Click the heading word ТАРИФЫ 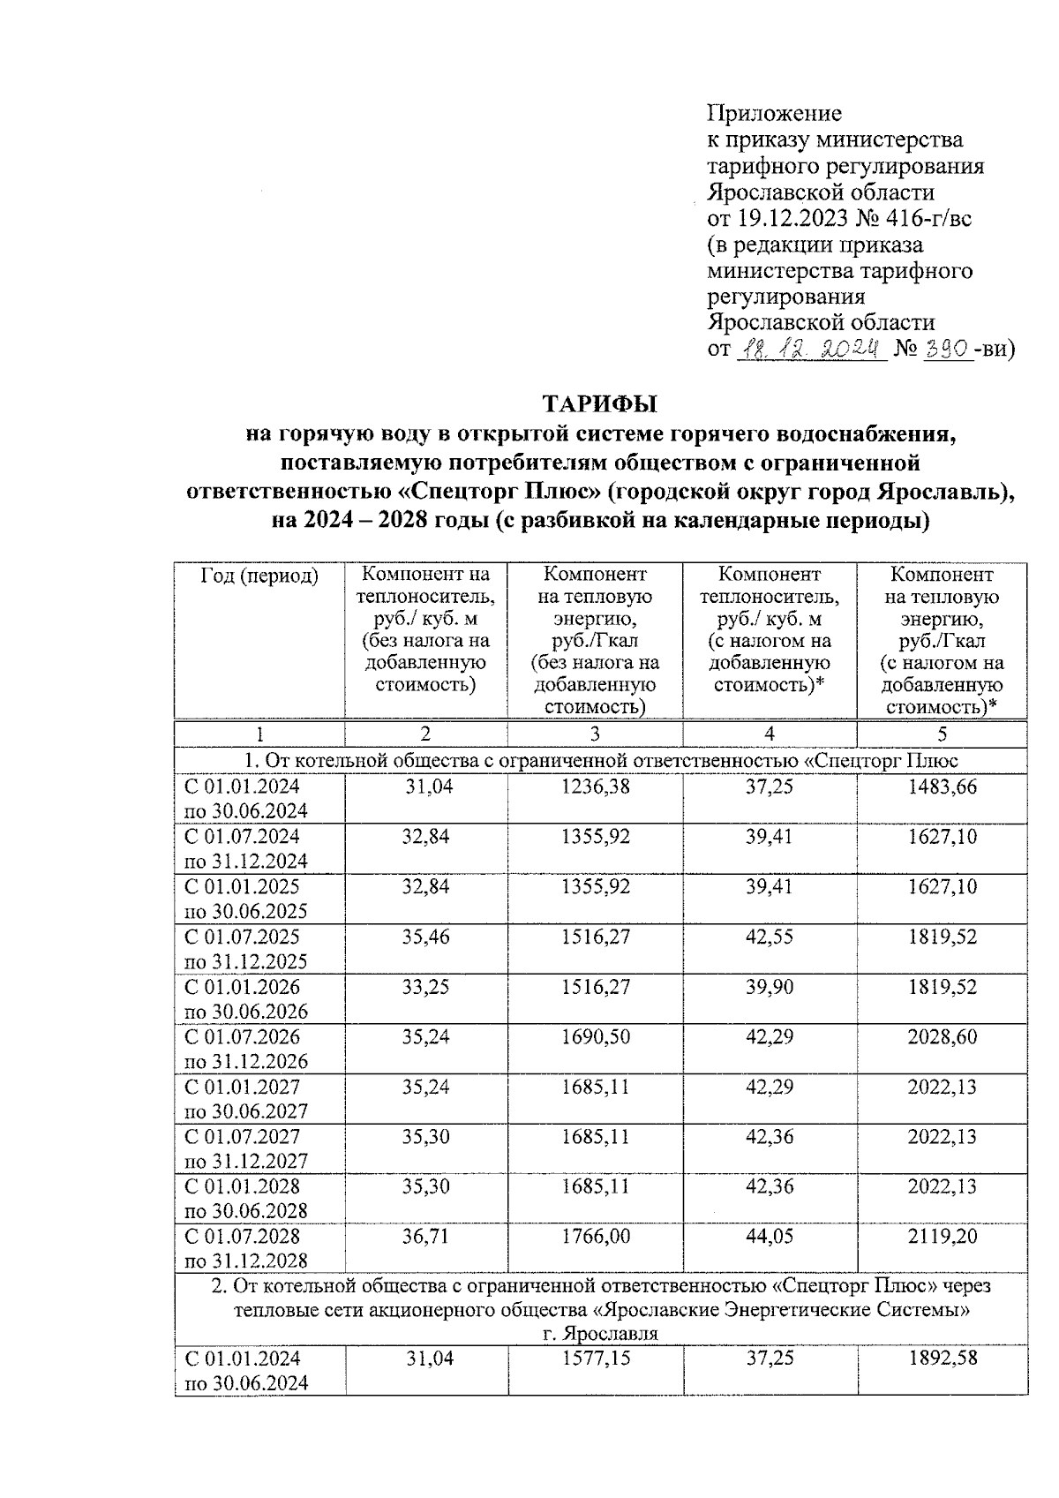point(600,405)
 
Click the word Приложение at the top point(774,114)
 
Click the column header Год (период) point(259,576)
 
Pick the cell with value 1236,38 point(595,787)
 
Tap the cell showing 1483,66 point(942,787)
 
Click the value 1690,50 point(595,1036)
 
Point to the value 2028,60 point(942,1036)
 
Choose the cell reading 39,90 point(769,987)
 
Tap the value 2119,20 point(942,1237)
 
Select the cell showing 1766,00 point(595,1237)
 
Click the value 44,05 point(769,1237)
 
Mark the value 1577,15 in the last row point(595,1359)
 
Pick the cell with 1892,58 point(942,1359)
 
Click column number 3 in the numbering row point(595,734)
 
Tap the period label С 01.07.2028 point(242,1237)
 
